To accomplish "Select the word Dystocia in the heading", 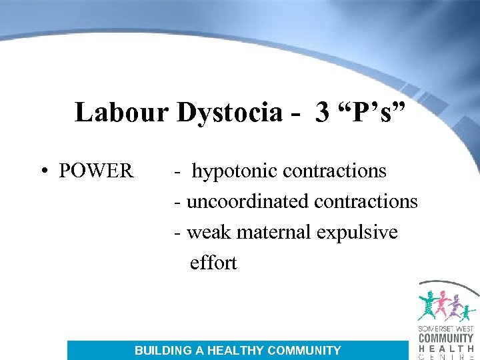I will click(229, 112).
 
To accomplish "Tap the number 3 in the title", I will click(323, 112).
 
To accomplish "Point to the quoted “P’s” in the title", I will click(371, 112).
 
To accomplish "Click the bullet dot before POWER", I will click(43, 171).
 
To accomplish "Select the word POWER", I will click(96, 171).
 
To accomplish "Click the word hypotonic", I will click(235, 171).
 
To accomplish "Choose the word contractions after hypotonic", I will click(335, 171).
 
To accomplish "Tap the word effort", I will click(213, 263).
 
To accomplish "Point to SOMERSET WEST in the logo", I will click(446, 329).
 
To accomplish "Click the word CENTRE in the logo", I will click(446, 355).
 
